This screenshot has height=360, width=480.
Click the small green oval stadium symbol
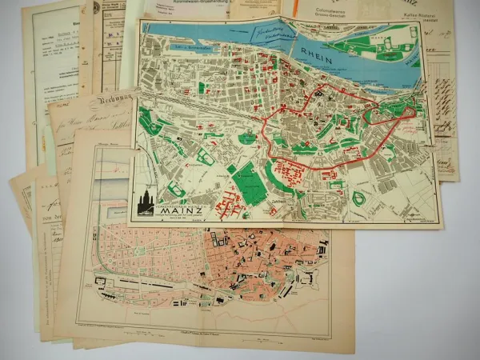click(x=358, y=198)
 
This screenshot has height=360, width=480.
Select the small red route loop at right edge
click(x=404, y=114)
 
